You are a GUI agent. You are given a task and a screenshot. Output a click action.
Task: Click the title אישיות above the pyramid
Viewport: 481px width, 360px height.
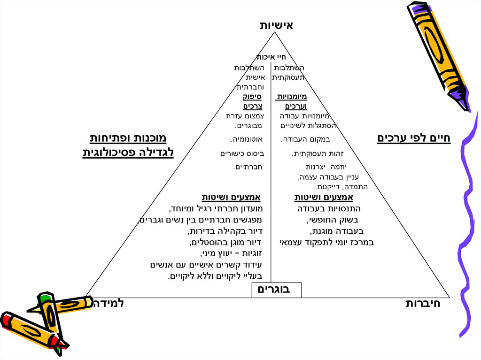(x=276, y=25)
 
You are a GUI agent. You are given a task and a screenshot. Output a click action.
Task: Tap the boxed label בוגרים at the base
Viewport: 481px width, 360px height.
(x=276, y=290)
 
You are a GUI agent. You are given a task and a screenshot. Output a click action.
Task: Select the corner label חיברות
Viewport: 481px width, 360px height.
(x=423, y=303)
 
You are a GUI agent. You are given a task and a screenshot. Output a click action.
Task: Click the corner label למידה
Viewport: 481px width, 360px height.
(x=109, y=303)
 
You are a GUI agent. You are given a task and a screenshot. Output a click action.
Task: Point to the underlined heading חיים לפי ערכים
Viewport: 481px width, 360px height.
(x=413, y=138)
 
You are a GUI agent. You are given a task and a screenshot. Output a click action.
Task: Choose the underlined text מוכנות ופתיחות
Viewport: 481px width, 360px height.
(x=128, y=138)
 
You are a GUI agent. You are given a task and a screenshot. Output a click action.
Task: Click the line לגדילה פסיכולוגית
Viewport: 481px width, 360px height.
(x=128, y=153)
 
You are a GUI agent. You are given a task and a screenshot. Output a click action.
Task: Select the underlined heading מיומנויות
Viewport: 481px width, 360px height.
(x=292, y=97)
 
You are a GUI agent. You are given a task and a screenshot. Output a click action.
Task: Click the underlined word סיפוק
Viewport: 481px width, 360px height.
(x=252, y=97)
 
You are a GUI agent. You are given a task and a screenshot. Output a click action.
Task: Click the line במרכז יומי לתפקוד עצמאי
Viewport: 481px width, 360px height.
(x=327, y=242)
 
